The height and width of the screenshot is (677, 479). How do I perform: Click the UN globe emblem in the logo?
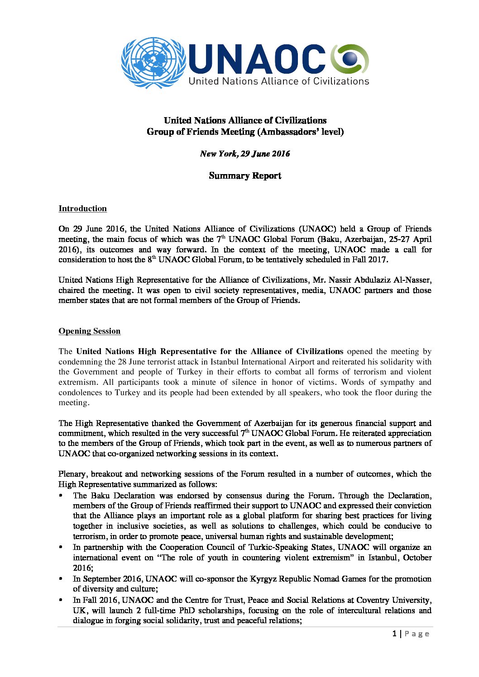(154, 62)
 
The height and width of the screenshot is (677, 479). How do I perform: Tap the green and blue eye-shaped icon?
(350, 59)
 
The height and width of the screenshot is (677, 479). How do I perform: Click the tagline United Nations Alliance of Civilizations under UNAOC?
(278, 81)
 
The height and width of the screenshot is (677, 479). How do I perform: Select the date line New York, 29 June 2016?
(245, 154)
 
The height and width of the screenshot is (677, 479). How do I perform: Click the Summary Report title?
(245, 176)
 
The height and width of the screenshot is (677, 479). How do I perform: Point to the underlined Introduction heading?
(82, 208)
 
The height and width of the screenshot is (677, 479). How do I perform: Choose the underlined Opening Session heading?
(89, 331)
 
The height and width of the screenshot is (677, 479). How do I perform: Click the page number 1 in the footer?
(394, 634)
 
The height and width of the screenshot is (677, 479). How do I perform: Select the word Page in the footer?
(417, 634)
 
